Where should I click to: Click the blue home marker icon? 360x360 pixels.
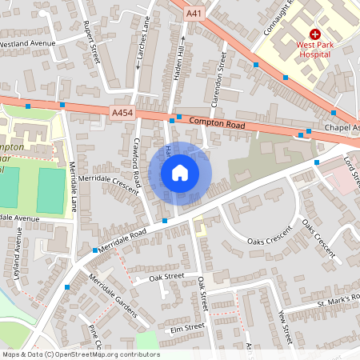click(180, 173)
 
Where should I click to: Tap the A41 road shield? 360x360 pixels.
click(194, 14)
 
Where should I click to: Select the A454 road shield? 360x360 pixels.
click(122, 114)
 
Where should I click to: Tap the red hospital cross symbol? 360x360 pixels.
click(314, 35)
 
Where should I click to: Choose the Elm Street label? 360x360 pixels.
click(187, 327)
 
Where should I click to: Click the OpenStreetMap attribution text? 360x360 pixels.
click(80, 354)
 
